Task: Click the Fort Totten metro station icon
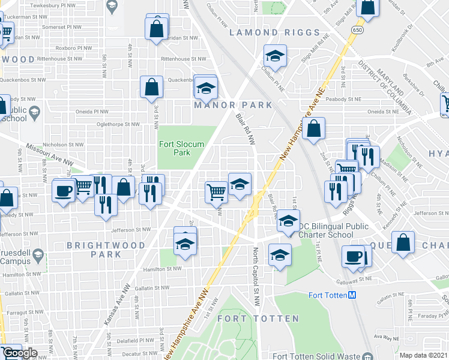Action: (x=353, y=295)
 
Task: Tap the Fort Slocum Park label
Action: (x=181, y=148)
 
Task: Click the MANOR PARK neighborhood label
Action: (x=233, y=105)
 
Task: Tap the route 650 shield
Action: (x=358, y=29)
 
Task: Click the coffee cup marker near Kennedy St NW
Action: (x=62, y=191)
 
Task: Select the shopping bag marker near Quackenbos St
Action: (x=151, y=87)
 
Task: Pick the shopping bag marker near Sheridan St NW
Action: (x=156, y=28)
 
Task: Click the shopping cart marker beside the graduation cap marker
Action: (x=216, y=192)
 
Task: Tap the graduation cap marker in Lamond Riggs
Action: (x=275, y=57)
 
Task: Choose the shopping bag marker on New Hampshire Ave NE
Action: (x=313, y=128)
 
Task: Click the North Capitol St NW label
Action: (x=255, y=267)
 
